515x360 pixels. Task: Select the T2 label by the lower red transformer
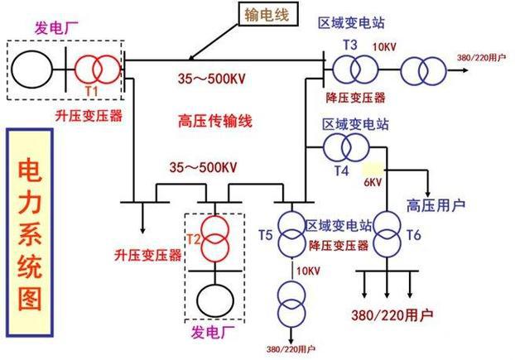pos(194,239)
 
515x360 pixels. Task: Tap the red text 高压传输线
pos(215,122)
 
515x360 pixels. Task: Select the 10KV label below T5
pos(307,270)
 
